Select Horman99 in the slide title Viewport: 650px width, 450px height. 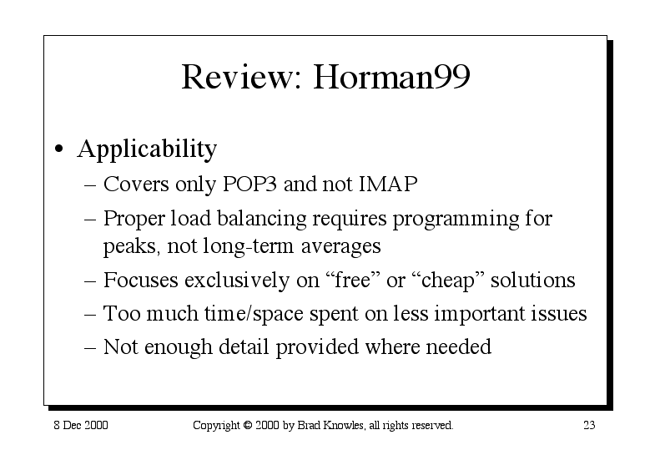[x=391, y=76]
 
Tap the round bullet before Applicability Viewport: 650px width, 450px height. [x=59, y=149]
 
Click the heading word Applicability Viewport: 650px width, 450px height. [x=147, y=149]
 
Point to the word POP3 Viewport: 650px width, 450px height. [x=249, y=184]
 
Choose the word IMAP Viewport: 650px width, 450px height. [x=388, y=184]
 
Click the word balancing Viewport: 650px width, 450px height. [x=261, y=219]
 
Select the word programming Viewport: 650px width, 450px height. [x=456, y=219]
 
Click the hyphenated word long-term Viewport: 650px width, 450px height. [x=249, y=245]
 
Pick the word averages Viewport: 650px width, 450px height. [x=340, y=246]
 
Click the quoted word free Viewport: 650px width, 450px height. [x=355, y=280]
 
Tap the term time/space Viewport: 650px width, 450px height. [x=254, y=314]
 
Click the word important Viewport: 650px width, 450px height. [x=480, y=314]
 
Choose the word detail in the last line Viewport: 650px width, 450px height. [x=244, y=346]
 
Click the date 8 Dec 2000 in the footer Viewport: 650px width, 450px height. [x=81, y=425]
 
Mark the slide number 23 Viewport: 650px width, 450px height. [x=589, y=425]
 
